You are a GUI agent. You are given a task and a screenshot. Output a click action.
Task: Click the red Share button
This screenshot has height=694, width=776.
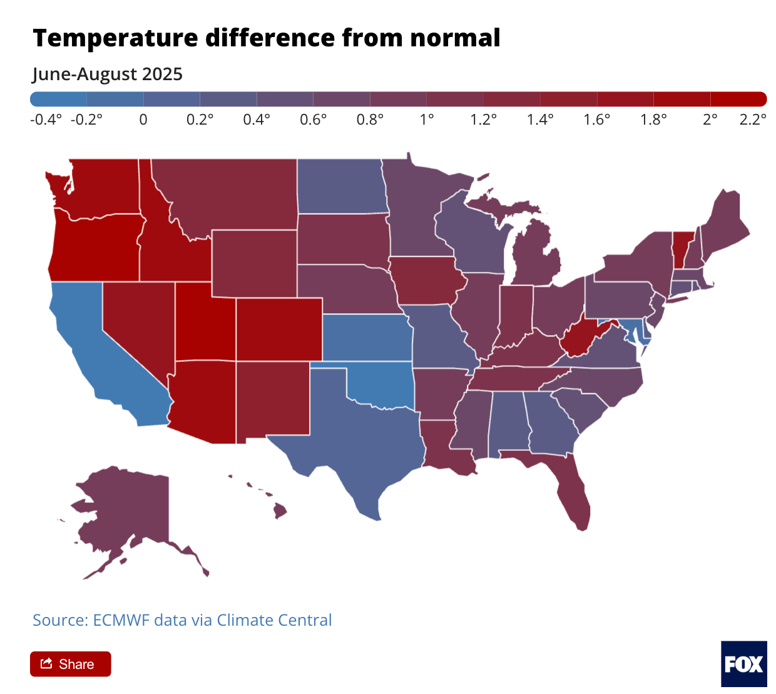[70, 664]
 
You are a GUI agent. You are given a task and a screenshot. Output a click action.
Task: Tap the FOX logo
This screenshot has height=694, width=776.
[743, 664]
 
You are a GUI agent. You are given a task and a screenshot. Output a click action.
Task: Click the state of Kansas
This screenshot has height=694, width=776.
[366, 338]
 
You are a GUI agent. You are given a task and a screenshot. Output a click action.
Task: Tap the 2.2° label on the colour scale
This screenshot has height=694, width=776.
[752, 120]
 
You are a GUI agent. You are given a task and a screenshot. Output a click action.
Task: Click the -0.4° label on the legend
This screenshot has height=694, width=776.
[46, 120]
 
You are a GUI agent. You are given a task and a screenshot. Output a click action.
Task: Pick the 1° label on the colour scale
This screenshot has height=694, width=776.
[427, 120]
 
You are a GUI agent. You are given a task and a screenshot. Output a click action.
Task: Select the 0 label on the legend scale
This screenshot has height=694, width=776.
[143, 120]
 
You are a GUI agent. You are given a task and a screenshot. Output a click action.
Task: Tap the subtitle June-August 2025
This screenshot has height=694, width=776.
[108, 74]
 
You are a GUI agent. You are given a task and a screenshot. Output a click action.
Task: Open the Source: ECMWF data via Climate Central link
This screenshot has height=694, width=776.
[182, 620]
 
